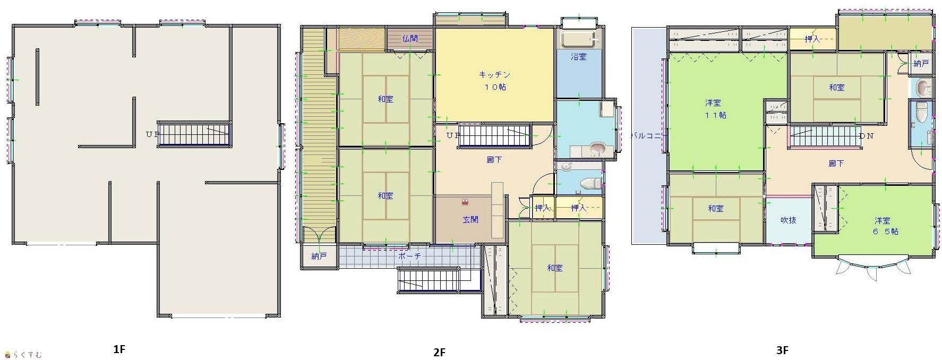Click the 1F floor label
click(x=119, y=349)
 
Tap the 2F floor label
click(x=439, y=352)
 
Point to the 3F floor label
click(x=782, y=350)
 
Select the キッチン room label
click(x=494, y=75)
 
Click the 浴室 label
click(x=579, y=56)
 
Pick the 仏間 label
click(x=410, y=38)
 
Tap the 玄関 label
click(x=470, y=219)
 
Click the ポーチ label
click(x=409, y=256)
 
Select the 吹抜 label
click(x=789, y=220)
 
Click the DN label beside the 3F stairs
click(x=866, y=136)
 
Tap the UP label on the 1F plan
click(x=152, y=134)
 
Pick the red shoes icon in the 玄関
click(x=466, y=202)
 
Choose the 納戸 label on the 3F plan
click(x=921, y=64)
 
